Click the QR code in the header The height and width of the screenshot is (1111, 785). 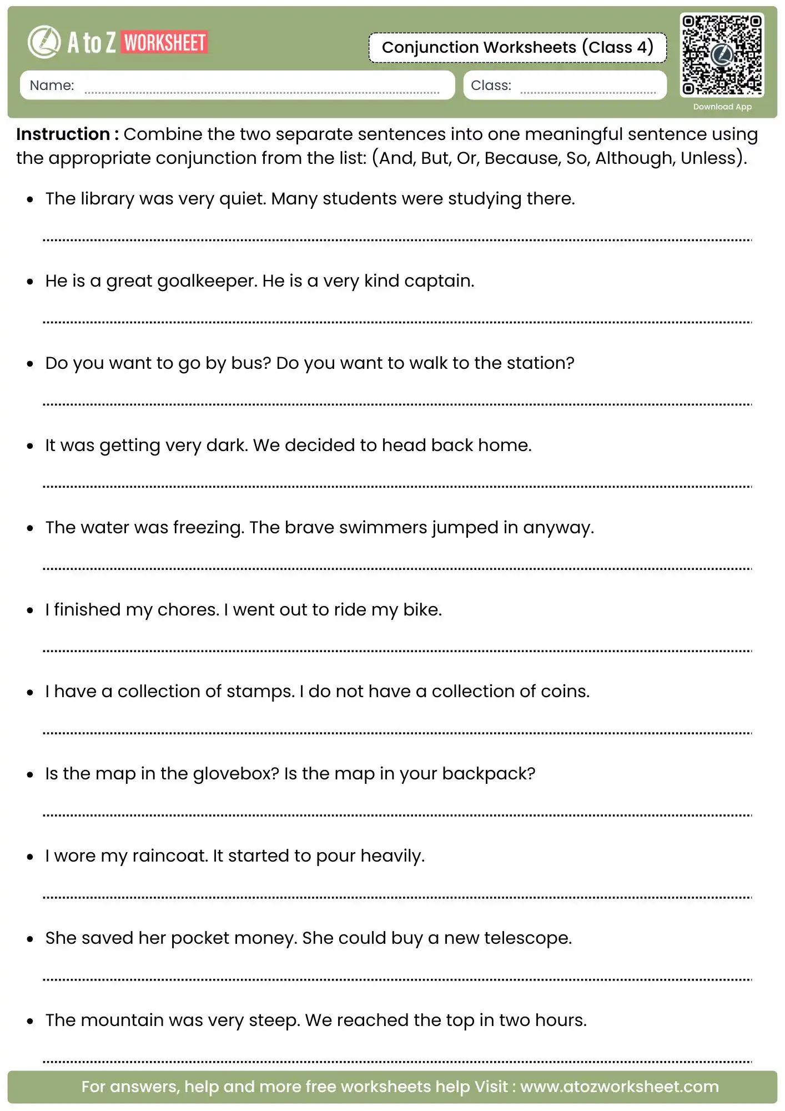[722, 54]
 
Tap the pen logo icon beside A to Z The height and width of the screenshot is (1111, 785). [44, 42]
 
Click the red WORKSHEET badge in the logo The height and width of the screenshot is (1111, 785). [165, 43]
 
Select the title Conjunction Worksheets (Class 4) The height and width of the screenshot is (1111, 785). [517, 47]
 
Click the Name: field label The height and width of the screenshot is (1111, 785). [52, 85]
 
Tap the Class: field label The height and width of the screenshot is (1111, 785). [491, 85]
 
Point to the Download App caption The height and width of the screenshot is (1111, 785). [722, 107]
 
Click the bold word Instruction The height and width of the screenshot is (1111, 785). [63, 134]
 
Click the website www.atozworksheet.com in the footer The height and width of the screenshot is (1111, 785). [619, 1087]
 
